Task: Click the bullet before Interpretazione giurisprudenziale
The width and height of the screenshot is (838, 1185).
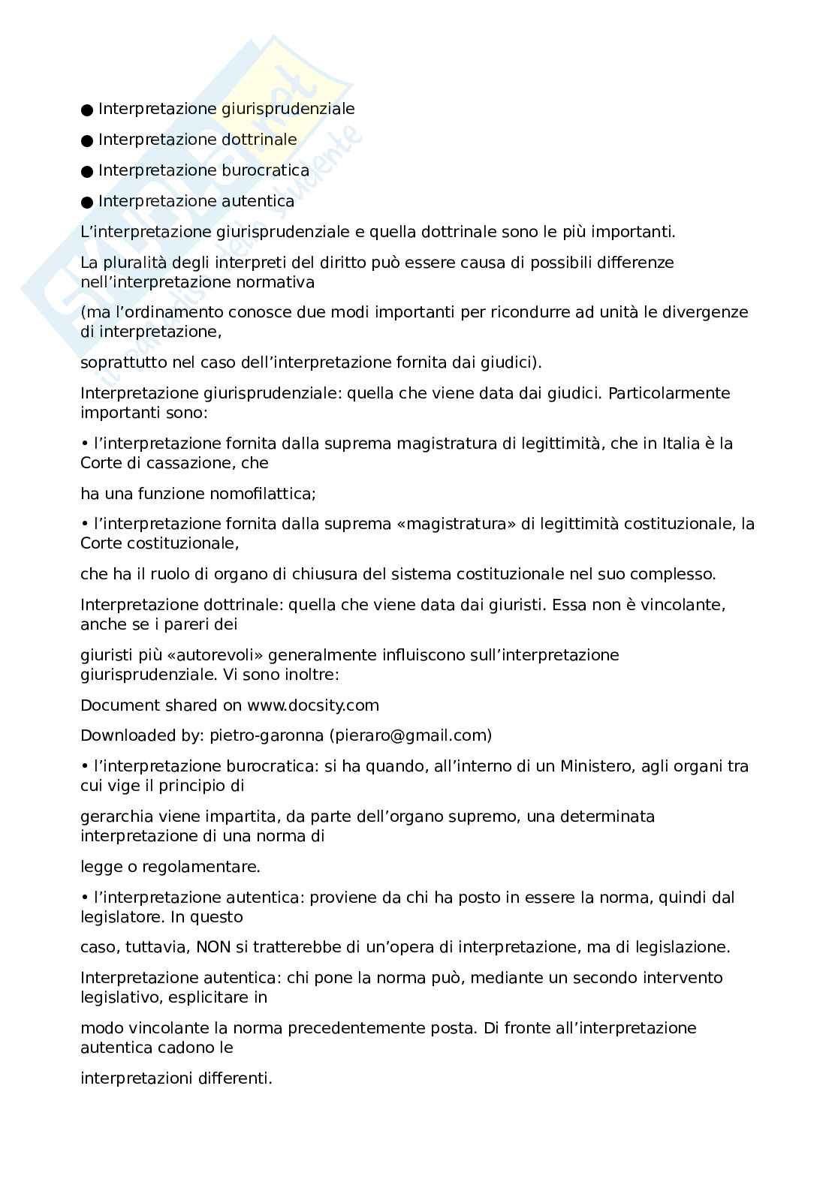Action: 87,110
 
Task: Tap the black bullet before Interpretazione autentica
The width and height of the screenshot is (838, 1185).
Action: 87,202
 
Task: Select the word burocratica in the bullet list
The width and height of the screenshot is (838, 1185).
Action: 265,170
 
